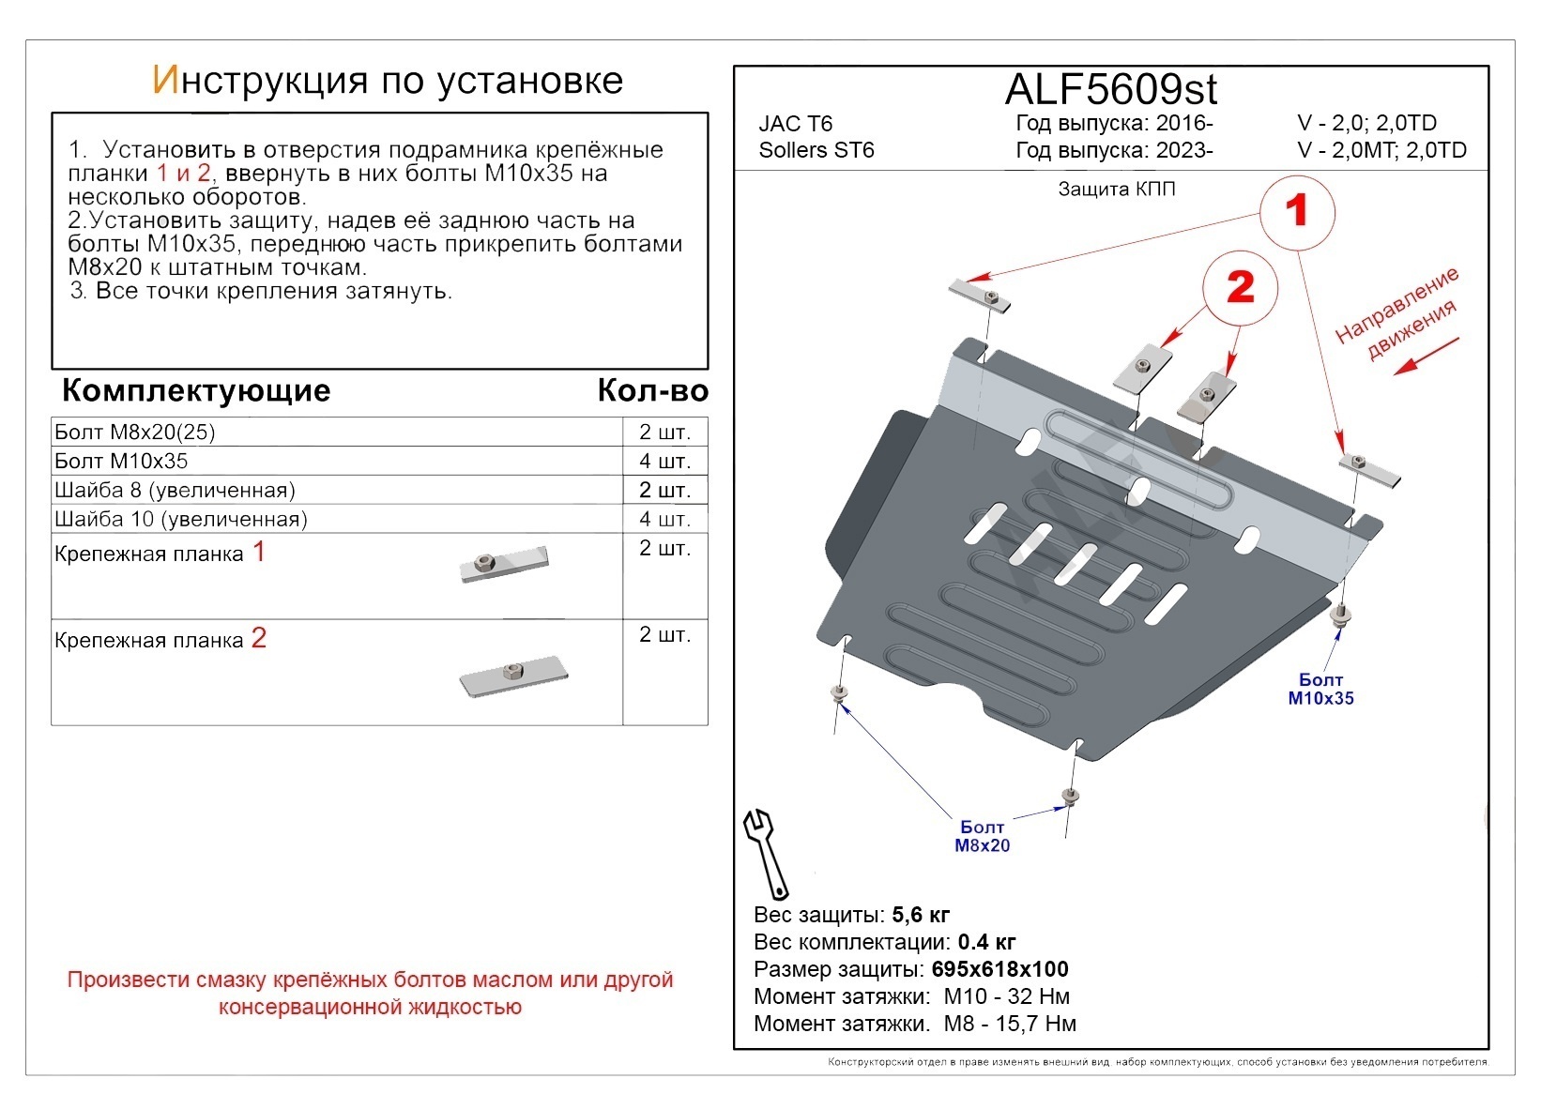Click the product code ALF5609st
coord(1110,90)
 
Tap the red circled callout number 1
coord(1296,212)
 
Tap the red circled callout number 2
coord(1241,287)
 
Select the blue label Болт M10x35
coord(1320,689)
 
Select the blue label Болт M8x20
coord(982,836)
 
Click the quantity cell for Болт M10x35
coord(664,461)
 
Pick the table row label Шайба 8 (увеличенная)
coord(175,490)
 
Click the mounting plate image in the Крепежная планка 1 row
coord(504,565)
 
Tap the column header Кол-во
coord(652,390)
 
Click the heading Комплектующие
coord(196,390)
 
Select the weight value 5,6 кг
coord(921,915)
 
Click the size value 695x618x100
coord(999,969)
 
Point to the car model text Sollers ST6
coord(816,150)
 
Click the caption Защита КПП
coord(1117,190)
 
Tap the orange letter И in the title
coord(163,81)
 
